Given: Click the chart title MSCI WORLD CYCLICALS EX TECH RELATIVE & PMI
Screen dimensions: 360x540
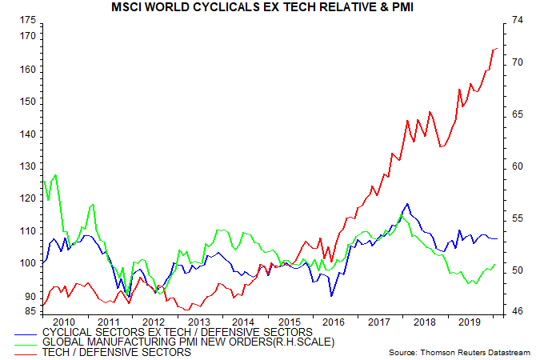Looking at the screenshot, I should (x=270, y=8).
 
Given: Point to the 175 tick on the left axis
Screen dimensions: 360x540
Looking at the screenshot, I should (x=26, y=19).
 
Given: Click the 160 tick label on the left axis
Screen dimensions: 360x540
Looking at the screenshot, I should (x=26, y=70).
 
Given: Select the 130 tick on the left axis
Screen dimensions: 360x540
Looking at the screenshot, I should (x=26, y=166).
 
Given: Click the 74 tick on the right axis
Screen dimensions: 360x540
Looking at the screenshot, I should (x=518, y=19).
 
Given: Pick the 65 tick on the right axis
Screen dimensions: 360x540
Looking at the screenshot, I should (x=518, y=114).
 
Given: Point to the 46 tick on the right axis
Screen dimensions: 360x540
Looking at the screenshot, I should (x=518, y=310).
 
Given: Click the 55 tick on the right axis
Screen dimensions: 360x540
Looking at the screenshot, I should (x=518, y=218).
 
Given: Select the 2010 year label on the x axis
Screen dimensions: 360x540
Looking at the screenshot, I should (x=64, y=322).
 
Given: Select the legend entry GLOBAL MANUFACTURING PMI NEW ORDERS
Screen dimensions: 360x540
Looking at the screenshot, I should (x=193, y=342).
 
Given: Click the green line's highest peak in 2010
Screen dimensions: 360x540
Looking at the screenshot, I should (x=54, y=174).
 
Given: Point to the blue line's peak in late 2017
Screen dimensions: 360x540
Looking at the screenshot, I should (x=407, y=204).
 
